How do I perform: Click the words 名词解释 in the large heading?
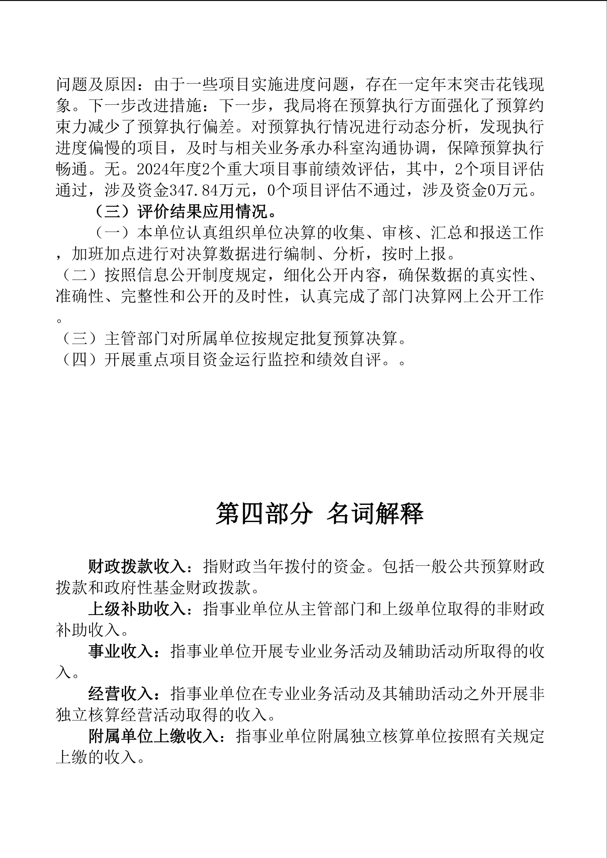tap(375, 513)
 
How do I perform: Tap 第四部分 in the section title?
tap(264, 513)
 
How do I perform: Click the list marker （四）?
tap(80, 360)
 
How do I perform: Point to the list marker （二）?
tap(80, 275)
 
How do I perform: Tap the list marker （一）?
tap(112, 233)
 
